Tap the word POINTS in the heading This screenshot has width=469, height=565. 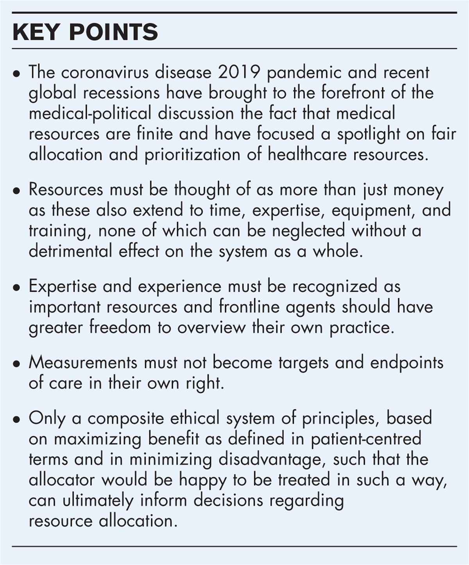113,32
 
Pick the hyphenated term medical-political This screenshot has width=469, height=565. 90,113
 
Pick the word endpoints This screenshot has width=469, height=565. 406,363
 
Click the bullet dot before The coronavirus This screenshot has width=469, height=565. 16,74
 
